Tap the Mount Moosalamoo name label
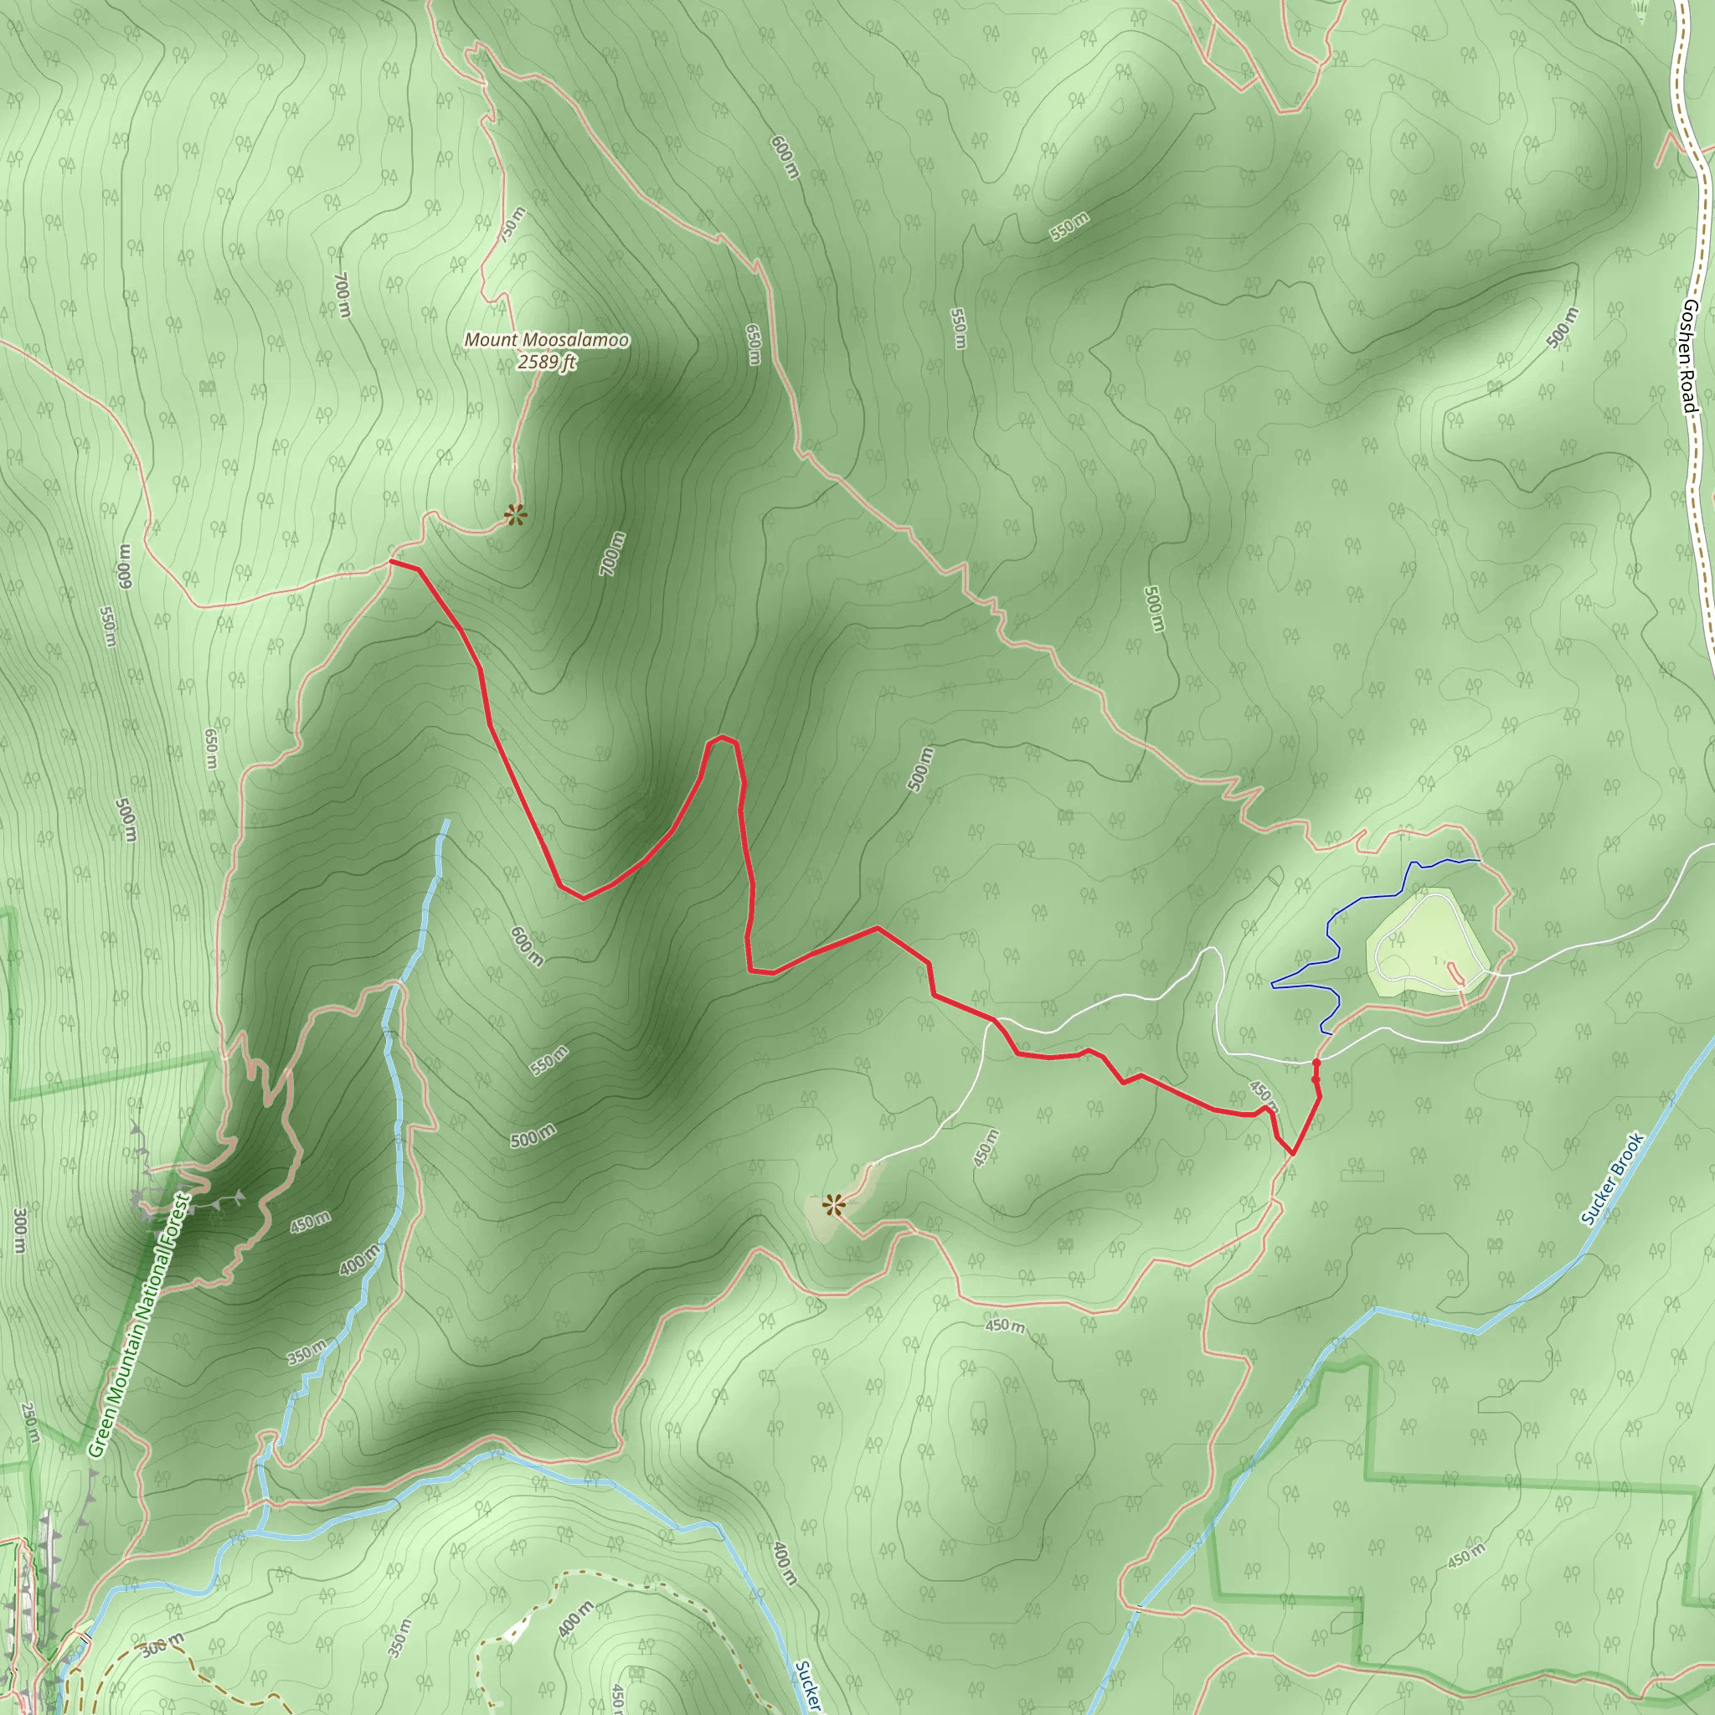[x=547, y=340]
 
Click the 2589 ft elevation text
[x=548, y=361]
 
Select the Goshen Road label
[x=1690, y=355]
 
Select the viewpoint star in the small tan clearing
[x=832, y=1204]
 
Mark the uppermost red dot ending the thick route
[x=1316, y=1063]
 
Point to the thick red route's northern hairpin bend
[x=724, y=739]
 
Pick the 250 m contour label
[x=29, y=1421]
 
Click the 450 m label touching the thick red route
[x=1262, y=1096]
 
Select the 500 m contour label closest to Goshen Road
[x=1562, y=327]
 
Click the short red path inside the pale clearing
[x=1457, y=972]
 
